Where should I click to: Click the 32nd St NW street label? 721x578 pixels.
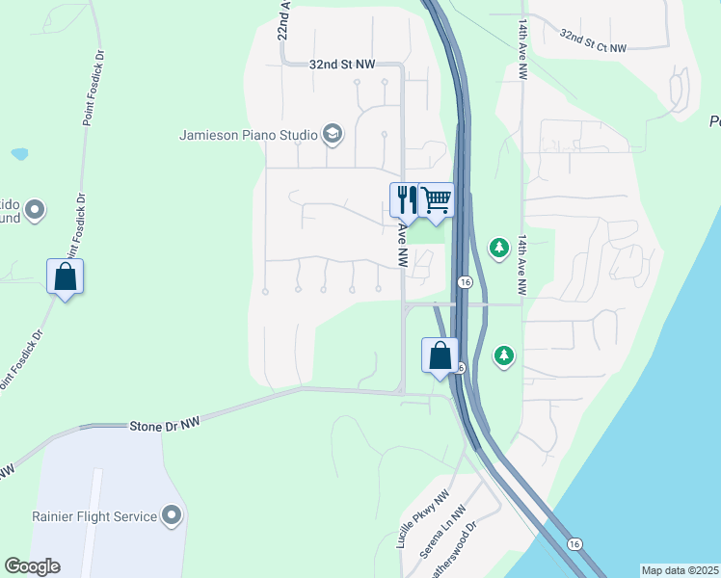click(341, 64)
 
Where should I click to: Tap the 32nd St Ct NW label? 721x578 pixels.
click(593, 39)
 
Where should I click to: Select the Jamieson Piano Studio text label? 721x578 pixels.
click(249, 135)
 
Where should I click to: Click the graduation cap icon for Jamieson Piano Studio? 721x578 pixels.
click(333, 134)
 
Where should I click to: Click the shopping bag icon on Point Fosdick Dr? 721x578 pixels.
click(65, 276)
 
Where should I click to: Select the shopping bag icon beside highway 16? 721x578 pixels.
click(440, 355)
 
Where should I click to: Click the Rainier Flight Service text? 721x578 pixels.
click(93, 516)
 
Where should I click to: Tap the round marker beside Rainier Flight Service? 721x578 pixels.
click(173, 515)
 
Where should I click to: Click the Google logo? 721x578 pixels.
click(32, 566)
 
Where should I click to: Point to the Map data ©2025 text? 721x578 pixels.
click(681, 570)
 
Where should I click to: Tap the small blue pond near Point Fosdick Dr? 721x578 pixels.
click(19, 153)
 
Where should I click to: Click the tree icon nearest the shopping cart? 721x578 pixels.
click(498, 249)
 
